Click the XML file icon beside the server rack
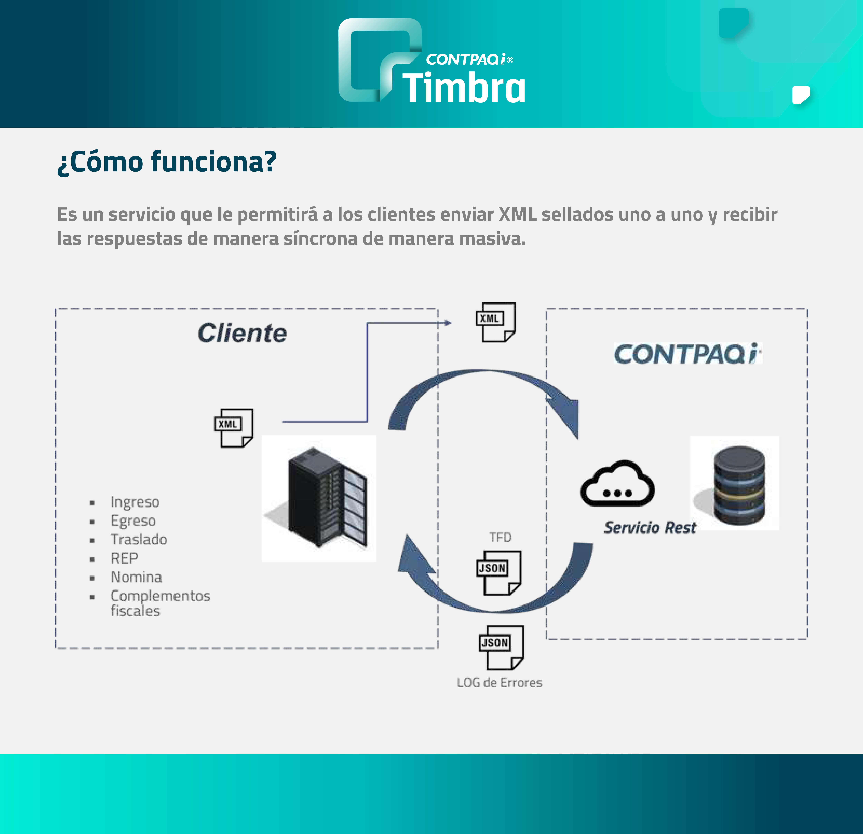click(233, 428)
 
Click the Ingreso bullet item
click(135, 502)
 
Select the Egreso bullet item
click(133, 521)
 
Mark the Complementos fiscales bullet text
click(160, 603)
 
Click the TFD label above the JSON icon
click(500, 537)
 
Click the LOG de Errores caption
click(499, 683)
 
